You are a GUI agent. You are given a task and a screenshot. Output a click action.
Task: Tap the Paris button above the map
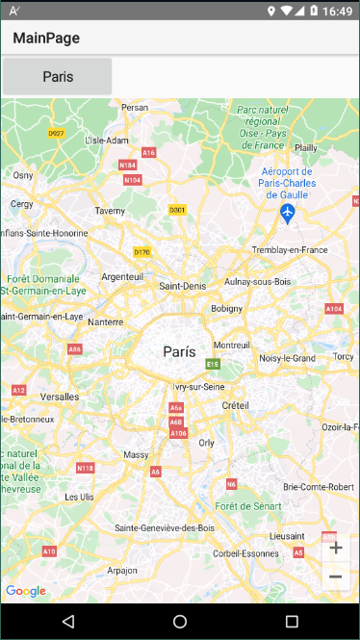57,76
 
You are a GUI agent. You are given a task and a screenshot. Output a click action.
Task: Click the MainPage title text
46,38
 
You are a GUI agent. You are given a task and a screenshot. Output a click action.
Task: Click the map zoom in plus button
336,548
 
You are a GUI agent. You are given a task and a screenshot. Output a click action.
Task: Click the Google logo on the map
25,591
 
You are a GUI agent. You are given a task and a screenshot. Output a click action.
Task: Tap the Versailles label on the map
60,397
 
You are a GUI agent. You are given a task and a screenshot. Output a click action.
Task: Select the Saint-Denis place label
182,286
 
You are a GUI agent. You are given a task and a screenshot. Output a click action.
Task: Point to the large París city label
180,352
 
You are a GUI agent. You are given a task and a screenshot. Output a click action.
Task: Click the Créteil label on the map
235,405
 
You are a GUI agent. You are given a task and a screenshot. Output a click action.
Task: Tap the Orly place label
206,443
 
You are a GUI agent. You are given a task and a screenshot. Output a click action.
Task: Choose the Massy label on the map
136,454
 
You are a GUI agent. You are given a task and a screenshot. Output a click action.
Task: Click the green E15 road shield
213,364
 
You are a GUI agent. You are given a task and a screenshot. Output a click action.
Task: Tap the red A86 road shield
74,349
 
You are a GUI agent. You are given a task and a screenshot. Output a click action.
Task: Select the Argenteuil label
122,276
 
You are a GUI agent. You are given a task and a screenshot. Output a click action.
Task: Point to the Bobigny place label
227,309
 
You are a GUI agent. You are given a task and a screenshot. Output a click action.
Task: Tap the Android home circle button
180,622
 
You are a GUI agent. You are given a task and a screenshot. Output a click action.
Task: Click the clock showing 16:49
337,12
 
